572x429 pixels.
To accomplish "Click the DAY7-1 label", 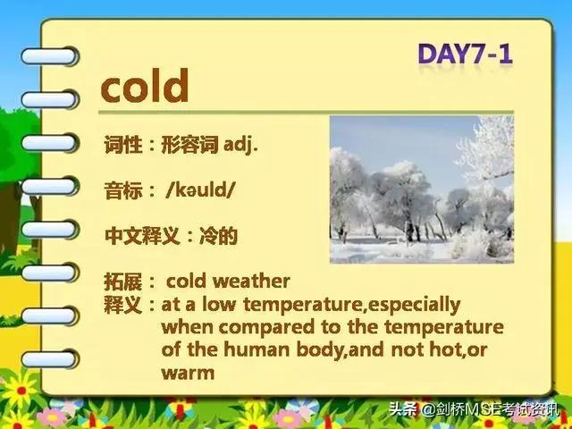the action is pos(466,54).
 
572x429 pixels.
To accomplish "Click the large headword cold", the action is pos(145,86).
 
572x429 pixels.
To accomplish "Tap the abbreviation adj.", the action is pos(240,145).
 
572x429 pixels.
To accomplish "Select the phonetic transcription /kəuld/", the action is pos(200,189).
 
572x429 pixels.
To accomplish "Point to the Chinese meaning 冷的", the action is pos(218,236).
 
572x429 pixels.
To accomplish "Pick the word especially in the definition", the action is pos(414,305).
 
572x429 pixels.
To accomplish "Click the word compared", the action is pos(266,327).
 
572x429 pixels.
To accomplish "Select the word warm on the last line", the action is pos(188,373).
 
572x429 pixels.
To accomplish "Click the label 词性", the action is pos(123,145).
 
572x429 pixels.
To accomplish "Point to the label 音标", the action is pos(123,189).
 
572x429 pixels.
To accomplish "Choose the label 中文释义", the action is pos(142,236).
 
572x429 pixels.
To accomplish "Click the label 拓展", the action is pos(123,281).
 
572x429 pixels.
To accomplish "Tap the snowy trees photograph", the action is pos(422,189).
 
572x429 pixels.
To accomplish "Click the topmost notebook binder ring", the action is pos(50,56).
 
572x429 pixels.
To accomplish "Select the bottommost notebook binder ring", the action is pos(50,359).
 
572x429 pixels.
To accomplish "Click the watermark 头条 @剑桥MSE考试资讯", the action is pos(474,409).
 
